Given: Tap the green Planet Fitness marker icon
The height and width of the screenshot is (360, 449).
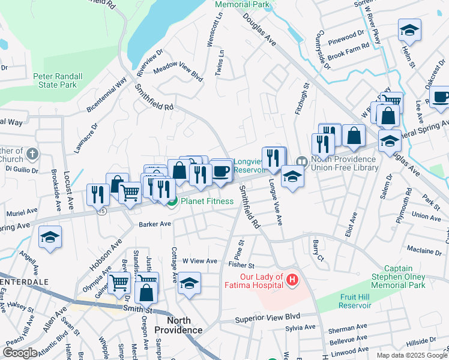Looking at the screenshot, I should pos(172,202).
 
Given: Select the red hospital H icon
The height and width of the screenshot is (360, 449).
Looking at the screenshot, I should pos(292,280).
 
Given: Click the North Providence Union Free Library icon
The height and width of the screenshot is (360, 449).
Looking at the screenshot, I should pos(301,161).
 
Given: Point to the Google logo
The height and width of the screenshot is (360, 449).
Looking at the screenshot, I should pos(20,352).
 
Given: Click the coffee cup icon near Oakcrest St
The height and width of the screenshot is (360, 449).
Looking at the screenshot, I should pos(440,97).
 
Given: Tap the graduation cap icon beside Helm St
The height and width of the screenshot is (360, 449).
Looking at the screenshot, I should pos(409,29).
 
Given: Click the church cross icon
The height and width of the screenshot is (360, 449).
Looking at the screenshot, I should pos(32,155).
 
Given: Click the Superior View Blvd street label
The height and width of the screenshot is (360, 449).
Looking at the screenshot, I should pos(267,317).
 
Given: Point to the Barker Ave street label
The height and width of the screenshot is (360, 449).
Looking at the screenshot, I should pos(155,224).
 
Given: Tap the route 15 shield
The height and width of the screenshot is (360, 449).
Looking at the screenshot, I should pos(103,212).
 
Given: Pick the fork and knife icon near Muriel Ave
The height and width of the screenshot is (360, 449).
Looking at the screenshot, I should pos(97,194).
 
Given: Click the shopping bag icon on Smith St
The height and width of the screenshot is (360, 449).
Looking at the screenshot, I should pos(146,292).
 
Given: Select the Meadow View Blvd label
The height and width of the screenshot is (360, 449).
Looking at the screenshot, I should pos(178,71).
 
